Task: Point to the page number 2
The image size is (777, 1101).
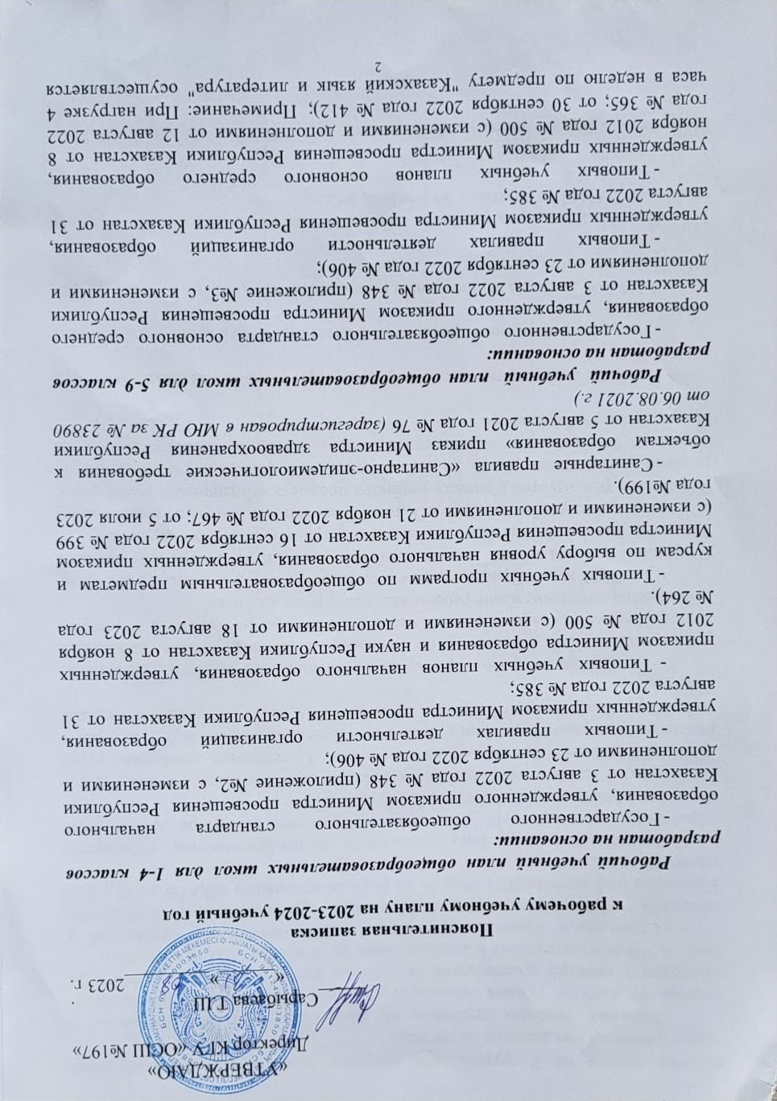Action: tap(388, 63)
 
